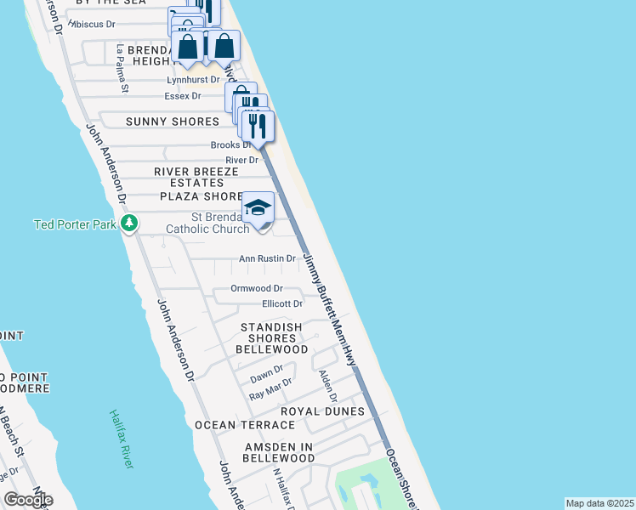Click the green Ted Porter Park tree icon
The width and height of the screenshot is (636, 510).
coord(129,224)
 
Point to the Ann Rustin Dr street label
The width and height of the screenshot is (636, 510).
coord(266,258)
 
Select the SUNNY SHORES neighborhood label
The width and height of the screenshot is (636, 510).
coord(173,122)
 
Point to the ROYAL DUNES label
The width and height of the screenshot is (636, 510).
coord(322,411)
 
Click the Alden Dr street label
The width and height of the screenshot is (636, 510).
coord(327,386)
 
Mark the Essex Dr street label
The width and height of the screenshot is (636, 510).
coord(183,96)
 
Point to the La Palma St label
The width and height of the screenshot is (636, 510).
coord(122,69)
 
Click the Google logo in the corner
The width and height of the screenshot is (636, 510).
coord(27,500)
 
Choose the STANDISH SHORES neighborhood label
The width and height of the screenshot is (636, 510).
coord(271,327)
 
